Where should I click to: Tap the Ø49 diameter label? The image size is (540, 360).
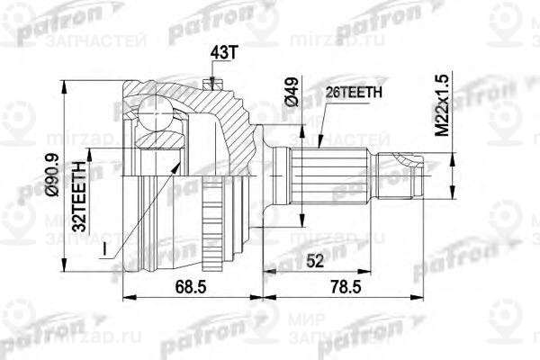[x=290, y=92]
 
